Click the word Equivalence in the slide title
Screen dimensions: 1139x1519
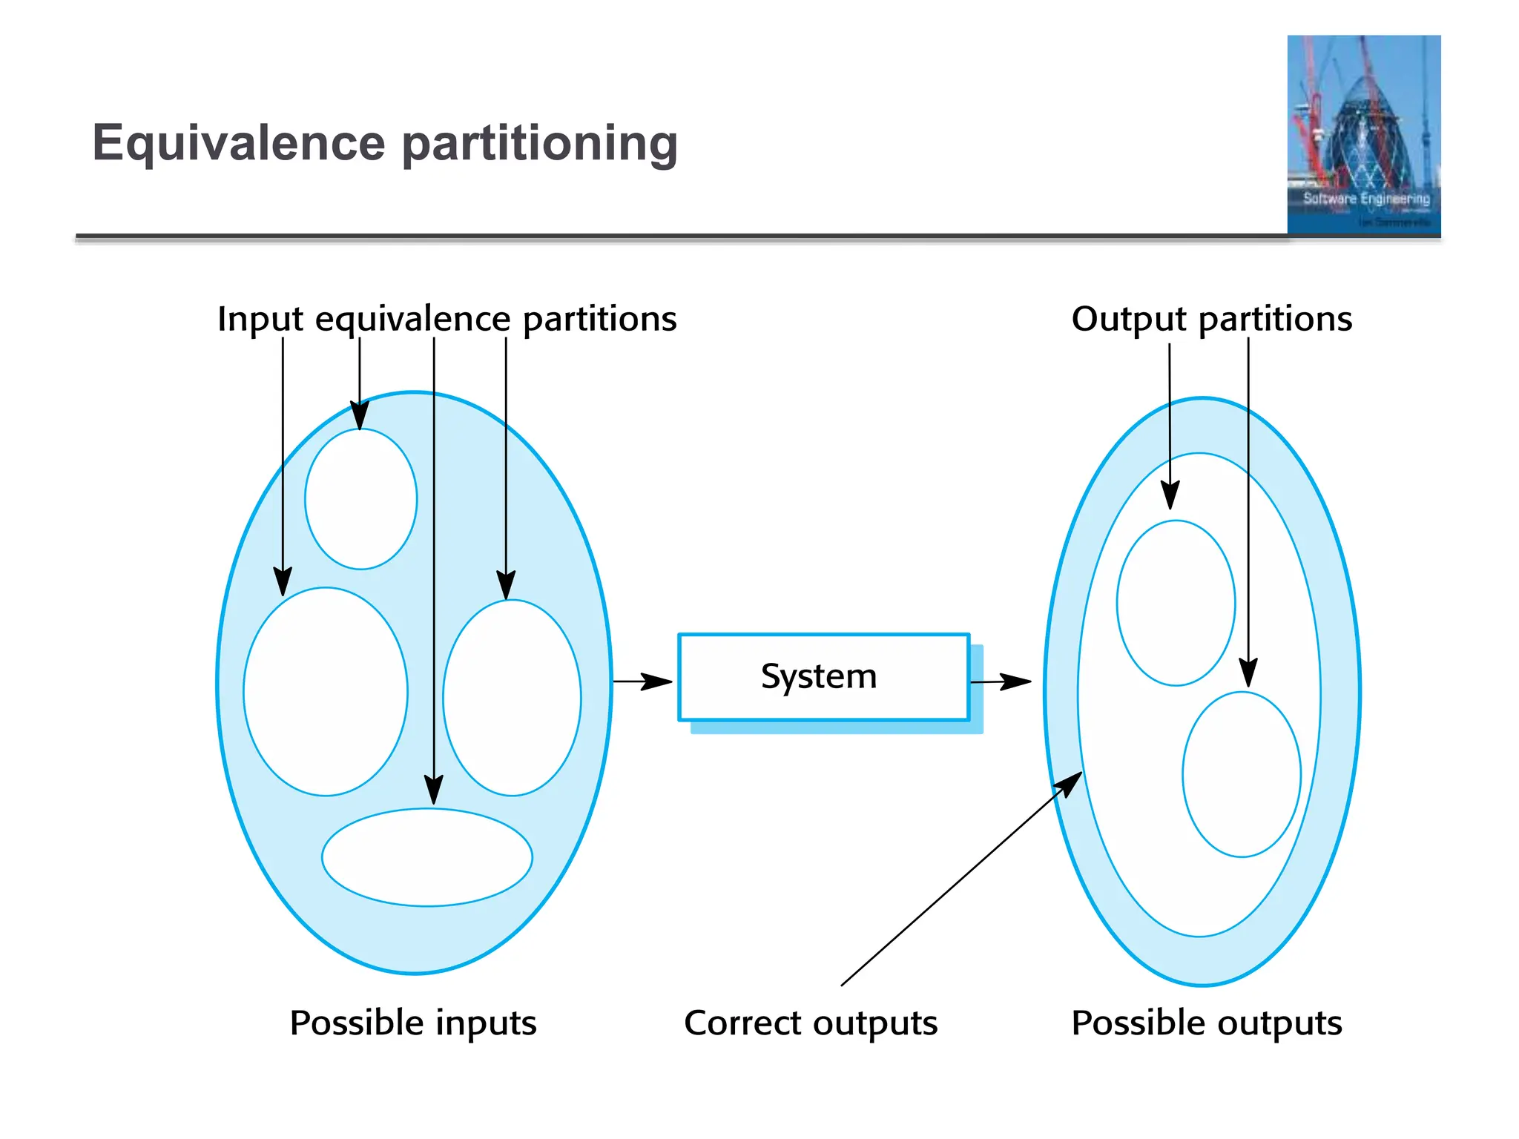tap(238, 142)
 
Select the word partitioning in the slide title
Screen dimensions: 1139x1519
tap(539, 144)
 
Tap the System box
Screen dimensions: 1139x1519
tap(823, 677)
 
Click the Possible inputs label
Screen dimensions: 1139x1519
tap(412, 1023)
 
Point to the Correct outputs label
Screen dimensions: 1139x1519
tap(810, 1023)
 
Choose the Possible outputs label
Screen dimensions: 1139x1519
tap(1206, 1023)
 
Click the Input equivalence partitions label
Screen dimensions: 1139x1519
tap(447, 319)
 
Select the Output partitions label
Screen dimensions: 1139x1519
tap(1211, 319)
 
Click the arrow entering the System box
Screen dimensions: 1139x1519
tap(642, 681)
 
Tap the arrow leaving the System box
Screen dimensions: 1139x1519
tap(1001, 681)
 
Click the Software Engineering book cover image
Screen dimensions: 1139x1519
tap(1363, 135)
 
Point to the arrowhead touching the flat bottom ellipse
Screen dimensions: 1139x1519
tap(434, 790)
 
